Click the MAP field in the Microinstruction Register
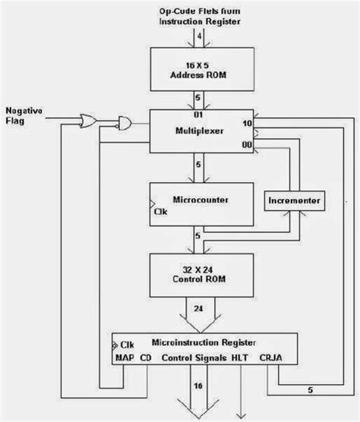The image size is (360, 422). coord(125,356)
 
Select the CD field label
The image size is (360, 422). coord(147,356)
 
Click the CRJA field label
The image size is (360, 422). coord(272,356)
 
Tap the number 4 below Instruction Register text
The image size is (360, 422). coord(199,35)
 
